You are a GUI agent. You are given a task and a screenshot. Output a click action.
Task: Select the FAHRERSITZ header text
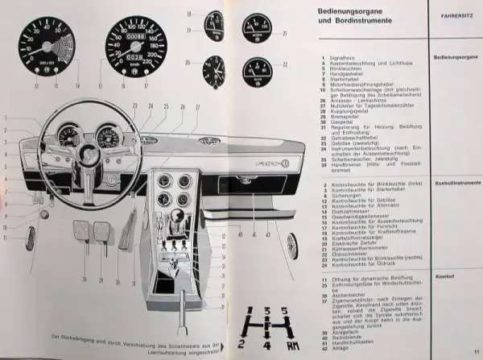(x=449, y=14)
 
